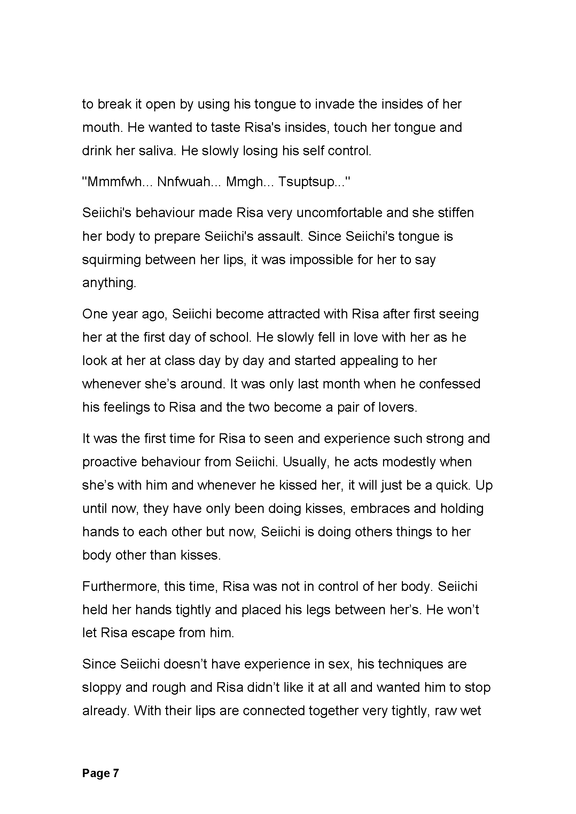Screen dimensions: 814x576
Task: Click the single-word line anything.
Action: pos(109,283)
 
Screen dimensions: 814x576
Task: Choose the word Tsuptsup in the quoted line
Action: pos(306,182)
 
